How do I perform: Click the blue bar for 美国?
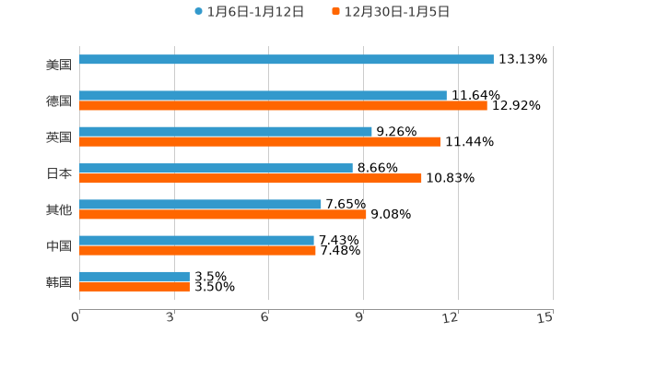[x=286, y=60]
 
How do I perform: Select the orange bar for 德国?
[x=283, y=106]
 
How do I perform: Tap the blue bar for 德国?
[x=263, y=95]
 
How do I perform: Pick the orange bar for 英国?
[x=260, y=142]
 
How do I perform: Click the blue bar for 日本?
[x=216, y=168]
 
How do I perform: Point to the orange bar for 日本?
[x=251, y=178]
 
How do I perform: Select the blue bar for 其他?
[x=200, y=204]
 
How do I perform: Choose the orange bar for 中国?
[x=197, y=250]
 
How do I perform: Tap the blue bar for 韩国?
[x=135, y=277]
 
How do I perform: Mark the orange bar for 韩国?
[x=135, y=287]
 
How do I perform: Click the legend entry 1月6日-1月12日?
[x=249, y=12]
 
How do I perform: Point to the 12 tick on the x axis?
[x=451, y=317]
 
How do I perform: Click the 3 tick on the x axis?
[x=170, y=317]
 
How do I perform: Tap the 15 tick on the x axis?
[x=545, y=317]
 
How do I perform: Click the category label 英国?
[x=59, y=137]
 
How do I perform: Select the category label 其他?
[x=59, y=209]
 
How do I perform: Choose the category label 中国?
[x=59, y=245]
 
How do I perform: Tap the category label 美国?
[x=59, y=65]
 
